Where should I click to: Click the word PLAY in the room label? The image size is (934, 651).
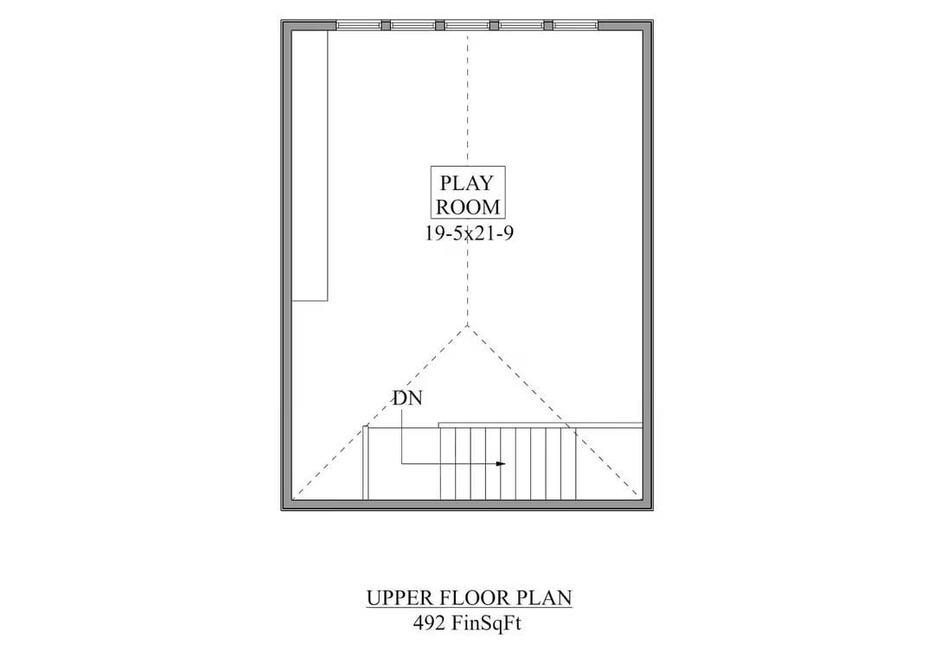pos(466,183)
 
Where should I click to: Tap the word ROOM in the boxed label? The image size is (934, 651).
pos(467,207)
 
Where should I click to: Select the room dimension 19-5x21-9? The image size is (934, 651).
pos(467,233)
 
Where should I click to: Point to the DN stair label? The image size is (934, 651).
pos(406,399)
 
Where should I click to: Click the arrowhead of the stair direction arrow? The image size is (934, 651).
pos(501,464)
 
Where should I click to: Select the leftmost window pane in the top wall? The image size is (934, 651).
pos(358,25)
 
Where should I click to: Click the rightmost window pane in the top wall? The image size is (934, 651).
pos(575,25)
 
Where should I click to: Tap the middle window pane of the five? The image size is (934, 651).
pos(467,25)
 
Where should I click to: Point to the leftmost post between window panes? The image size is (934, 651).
pos(386,25)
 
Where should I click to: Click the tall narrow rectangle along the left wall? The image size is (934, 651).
pos(310,164)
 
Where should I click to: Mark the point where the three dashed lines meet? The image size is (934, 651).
pos(467,324)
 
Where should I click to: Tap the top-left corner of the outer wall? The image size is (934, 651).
pos(284,22)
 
